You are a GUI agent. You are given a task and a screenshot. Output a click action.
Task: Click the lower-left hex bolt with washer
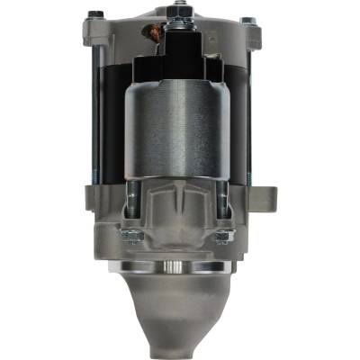[133, 237]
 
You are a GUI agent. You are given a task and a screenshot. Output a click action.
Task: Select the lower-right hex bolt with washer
[222, 237]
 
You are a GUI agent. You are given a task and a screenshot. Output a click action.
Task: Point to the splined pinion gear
[180, 267]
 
